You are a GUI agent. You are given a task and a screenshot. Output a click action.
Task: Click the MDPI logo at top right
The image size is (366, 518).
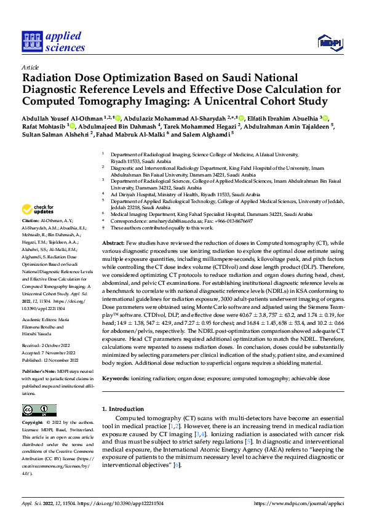point(329,41)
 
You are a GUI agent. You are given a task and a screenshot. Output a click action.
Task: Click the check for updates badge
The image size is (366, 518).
point(38,210)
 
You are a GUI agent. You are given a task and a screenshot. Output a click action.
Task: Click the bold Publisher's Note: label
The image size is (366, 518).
point(40,372)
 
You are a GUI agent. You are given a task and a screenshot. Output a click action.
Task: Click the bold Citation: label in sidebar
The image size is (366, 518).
point(31,220)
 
